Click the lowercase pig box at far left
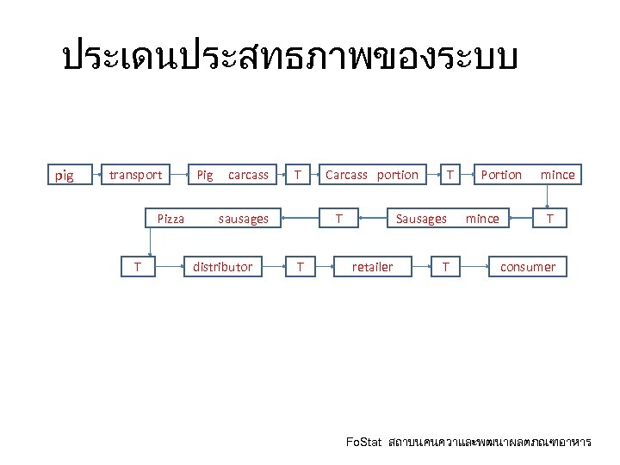tap(64, 176)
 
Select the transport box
tap(135, 175)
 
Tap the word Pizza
tap(170, 219)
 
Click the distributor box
tap(222, 267)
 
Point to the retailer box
tap(372, 267)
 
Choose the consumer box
tap(528, 267)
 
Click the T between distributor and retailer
tap(300, 267)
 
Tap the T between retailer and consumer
tap(445, 267)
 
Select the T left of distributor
tap(150, 267)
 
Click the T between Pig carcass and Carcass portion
tap(297, 175)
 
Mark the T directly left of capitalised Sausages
tap(340, 219)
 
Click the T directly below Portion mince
tap(550, 219)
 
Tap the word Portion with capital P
tap(501, 175)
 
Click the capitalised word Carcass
tap(346, 175)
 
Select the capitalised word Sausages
tap(421, 219)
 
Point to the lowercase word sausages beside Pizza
tap(243, 219)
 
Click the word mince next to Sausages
tap(482, 219)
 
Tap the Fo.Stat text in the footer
tap(363, 443)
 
